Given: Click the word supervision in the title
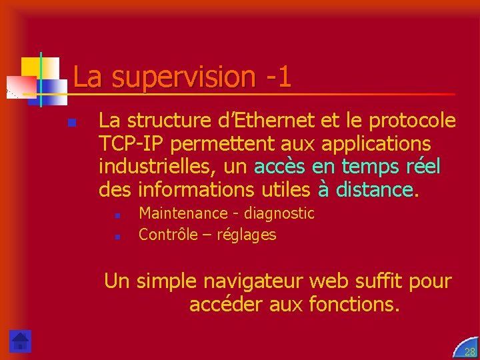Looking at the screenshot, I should tap(183, 77).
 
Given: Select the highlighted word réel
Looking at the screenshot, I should tap(420, 167).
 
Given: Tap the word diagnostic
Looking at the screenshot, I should tap(279, 213).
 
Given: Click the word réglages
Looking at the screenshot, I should tap(246, 235).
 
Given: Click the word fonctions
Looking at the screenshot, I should tap(354, 305).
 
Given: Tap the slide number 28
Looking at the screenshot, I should tap(469, 351).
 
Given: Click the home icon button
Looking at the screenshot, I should tap(21, 341).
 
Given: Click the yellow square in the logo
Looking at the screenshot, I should tap(31, 67).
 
